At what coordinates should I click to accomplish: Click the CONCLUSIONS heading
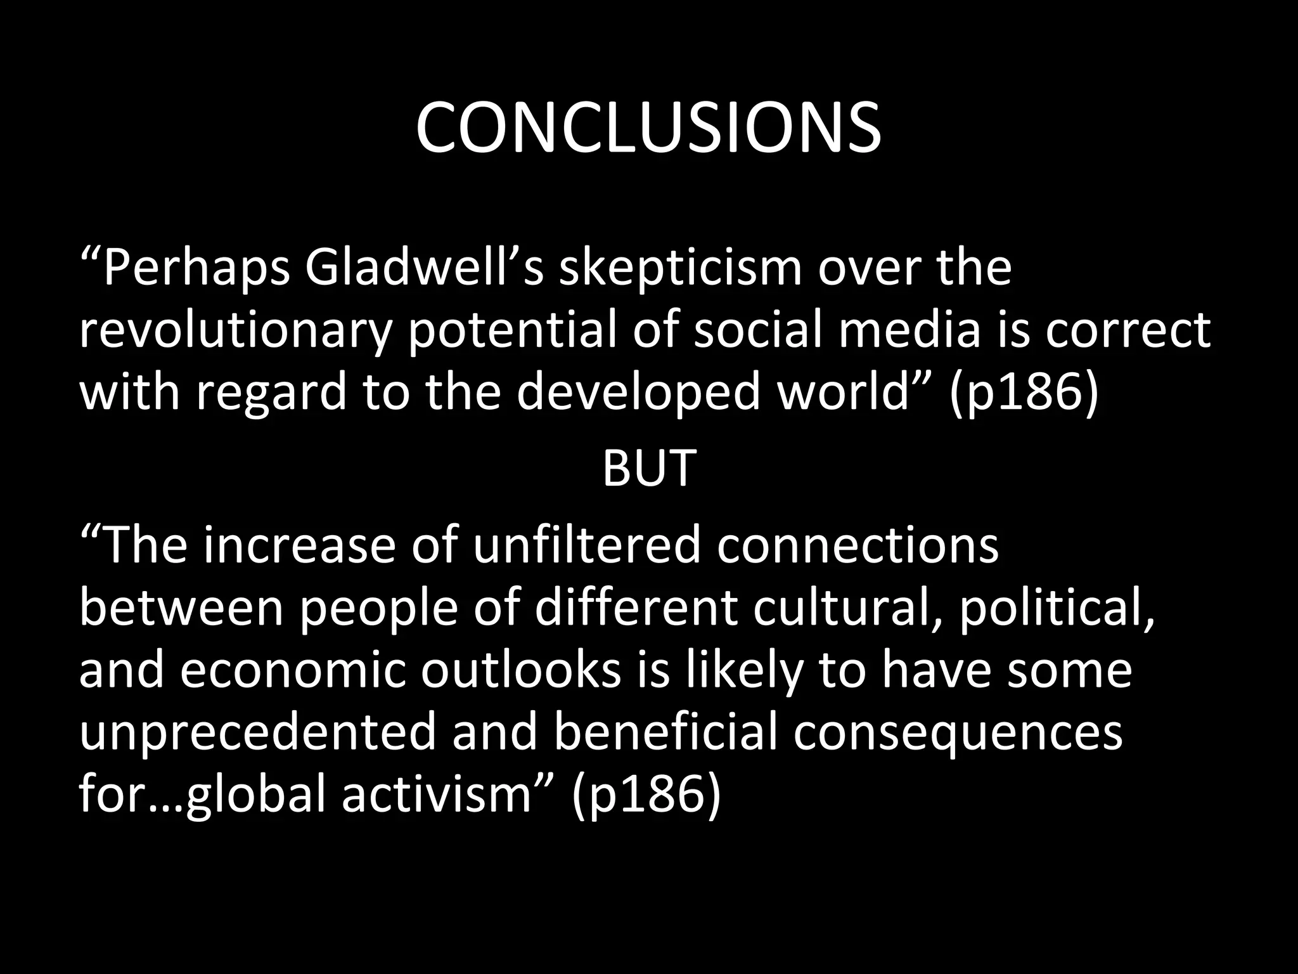coord(648,128)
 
